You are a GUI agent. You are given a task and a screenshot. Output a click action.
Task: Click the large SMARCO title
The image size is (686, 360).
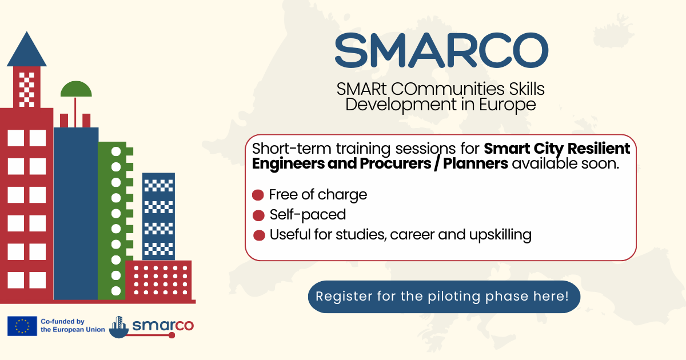point(441,50)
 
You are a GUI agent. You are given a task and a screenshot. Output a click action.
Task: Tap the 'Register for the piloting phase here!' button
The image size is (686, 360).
point(444,297)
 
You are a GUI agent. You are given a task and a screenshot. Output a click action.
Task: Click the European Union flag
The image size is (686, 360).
point(22,326)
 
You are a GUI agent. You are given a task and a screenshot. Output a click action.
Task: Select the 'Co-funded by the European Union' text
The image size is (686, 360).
point(73,325)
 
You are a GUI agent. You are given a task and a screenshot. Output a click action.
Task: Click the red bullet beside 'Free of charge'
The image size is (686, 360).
point(258,195)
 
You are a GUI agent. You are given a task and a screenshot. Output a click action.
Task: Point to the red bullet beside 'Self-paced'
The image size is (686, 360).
point(258,215)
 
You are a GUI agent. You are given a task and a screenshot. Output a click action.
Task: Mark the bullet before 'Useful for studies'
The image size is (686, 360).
point(259,235)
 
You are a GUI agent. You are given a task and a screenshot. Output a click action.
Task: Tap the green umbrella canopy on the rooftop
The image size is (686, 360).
point(76,89)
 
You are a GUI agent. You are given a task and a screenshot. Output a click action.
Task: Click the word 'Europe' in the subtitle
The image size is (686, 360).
point(507,105)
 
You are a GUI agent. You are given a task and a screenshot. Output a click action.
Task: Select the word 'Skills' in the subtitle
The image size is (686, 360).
point(527,89)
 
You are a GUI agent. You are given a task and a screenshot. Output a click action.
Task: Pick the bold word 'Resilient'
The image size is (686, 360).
point(599,149)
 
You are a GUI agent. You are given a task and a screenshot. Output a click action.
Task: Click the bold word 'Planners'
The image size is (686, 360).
point(475,163)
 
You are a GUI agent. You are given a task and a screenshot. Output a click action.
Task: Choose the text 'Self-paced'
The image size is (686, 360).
point(308,215)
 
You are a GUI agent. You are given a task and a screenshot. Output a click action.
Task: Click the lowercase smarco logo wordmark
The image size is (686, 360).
point(163,325)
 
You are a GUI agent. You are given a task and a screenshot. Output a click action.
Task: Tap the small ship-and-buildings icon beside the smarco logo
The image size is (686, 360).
point(119,327)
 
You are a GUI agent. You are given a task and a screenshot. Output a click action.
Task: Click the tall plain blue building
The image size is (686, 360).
point(76,213)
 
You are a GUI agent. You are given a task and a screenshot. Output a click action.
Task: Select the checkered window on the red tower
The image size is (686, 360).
point(27,90)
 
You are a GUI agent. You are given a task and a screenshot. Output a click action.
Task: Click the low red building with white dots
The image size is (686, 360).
point(158,280)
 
